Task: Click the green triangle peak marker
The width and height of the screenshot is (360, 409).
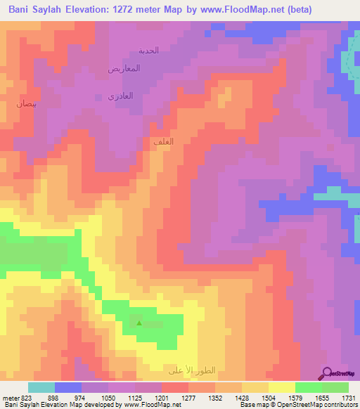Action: pos(139,323)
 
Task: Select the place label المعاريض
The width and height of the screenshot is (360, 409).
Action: pos(124,69)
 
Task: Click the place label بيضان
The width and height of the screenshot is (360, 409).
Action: pos(25,103)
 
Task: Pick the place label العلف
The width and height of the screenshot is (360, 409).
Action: pos(163,142)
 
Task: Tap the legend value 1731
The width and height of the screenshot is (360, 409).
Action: pos(348,397)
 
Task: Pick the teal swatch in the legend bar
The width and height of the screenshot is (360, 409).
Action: pos(41,387)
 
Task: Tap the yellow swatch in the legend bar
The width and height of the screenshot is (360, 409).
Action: pos(281,387)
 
